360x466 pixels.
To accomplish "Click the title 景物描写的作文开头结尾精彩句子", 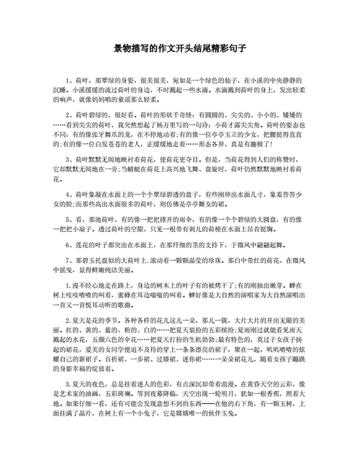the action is pos(180,48).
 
